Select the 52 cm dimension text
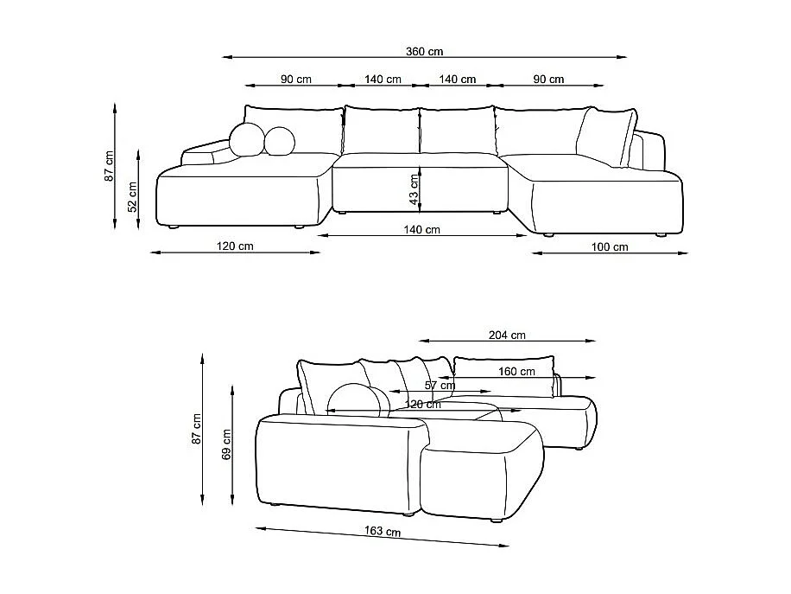(132, 197)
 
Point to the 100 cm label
(610, 247)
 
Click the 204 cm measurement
(507, 335)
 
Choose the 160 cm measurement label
(516, 372)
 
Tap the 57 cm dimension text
(440, 386)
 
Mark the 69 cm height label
(227, 444)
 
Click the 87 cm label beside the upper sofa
(109, 166)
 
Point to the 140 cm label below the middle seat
(422, 230)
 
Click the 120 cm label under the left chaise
(235, 246)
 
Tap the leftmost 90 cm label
(295, 80)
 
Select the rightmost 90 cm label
(548, 80)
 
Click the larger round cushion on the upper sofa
(247, 140)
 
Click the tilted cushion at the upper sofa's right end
(605, 136)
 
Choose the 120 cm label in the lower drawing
(423, 404)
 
